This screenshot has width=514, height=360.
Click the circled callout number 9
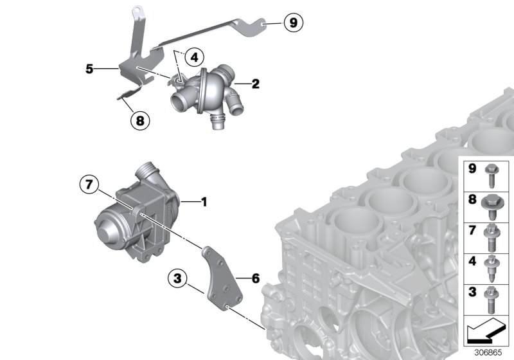tap(292, 24)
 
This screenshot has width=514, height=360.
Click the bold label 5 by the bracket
tap(90, 67)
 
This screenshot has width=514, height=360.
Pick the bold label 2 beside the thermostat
tap(256, 84)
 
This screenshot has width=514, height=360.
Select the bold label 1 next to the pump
tap(204, 203)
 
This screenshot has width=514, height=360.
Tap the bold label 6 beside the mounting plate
tap(256, 279)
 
